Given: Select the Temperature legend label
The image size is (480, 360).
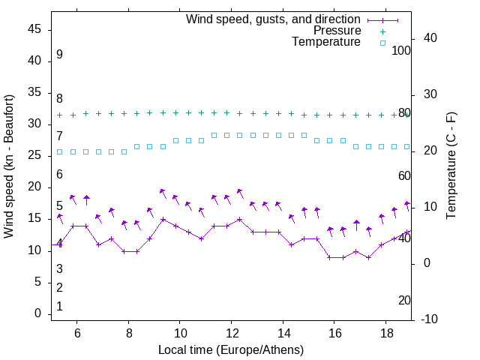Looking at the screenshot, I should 326,42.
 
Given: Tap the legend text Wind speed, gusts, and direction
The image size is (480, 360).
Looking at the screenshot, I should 274,19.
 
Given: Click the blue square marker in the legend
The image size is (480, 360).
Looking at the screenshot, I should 382,43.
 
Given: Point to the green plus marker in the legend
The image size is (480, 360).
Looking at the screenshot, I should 382,31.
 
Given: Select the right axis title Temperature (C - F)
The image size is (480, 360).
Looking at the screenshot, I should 451,166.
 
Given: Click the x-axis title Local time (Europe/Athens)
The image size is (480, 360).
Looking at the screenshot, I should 231,350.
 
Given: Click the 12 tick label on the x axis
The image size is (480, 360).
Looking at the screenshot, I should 231,333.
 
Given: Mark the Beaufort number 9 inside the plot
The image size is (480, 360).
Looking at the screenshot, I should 59,55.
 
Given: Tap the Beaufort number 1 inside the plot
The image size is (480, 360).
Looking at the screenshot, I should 59,306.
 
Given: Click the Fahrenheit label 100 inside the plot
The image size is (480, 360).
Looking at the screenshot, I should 402,50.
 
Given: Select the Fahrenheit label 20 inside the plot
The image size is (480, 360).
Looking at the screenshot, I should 405,300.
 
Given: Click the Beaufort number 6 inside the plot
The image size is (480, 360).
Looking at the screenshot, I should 59,175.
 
